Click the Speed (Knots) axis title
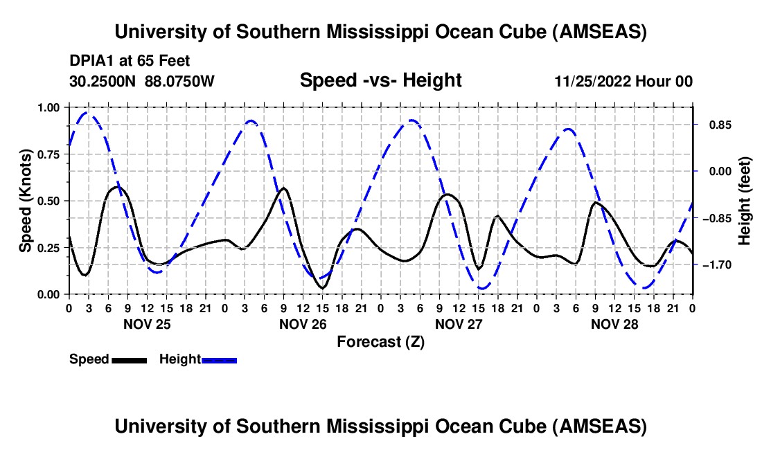tap(26, 201)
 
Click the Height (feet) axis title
tap(745, 201)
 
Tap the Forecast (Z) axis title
tap(380, 341)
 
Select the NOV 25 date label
tap(146, 324)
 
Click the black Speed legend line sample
tap(130, 360)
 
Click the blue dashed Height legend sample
tap(220, 360)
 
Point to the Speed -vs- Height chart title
tap(380, 80)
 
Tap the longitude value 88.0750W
tap(180, 81)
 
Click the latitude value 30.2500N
tap(103, 81)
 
